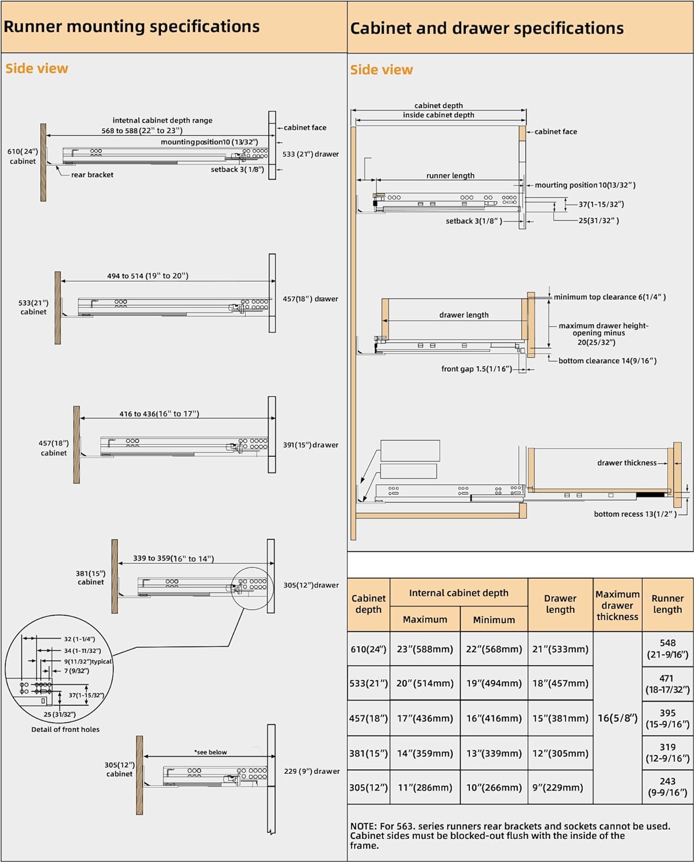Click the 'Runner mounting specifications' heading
coord(131,26)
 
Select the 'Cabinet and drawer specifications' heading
coord(487,28)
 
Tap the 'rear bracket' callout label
coord(92,175)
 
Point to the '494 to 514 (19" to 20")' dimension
coord(147,276)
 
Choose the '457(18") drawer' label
coord(310,299)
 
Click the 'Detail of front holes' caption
coord(65,730)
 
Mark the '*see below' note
coord(211,752)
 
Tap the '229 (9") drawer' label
coord(311,772)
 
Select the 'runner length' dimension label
coord(450,176)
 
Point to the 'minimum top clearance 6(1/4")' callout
coord(609,297)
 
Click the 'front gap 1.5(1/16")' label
coord(476,369)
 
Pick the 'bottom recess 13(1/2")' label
coord(635,514)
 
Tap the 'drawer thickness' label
coord(627,463)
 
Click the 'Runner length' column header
coord(667,604)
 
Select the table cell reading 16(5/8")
coord(617,718)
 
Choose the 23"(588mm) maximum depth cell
coord(425,649)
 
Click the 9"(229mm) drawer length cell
coord(560,788)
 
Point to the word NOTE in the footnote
coord(364,826)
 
